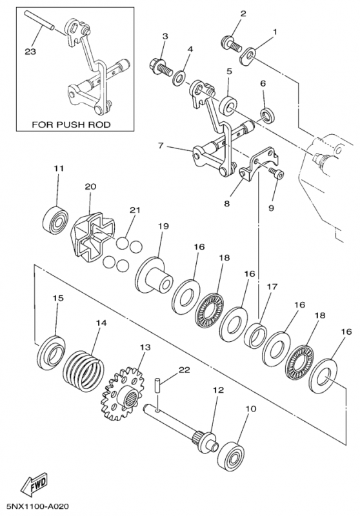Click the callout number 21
[x=134, y=210]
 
